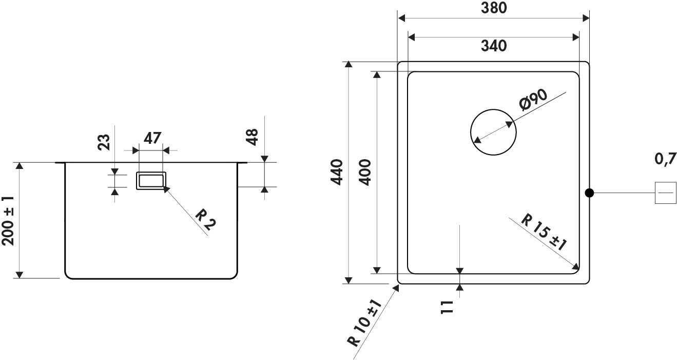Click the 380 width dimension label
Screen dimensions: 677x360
point(494,8)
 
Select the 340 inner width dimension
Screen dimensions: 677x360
point(494,46)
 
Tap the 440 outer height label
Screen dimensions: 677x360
point(337,172)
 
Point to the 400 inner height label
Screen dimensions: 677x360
point(364,172)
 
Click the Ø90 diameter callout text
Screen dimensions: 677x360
point(533,99)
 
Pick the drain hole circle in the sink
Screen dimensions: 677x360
point(471,132)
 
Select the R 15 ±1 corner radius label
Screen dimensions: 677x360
point(544,232)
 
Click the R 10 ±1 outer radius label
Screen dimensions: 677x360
point(365,323)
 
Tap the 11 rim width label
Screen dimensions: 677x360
point(447,308)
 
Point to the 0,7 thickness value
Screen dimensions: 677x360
point(665,159)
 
